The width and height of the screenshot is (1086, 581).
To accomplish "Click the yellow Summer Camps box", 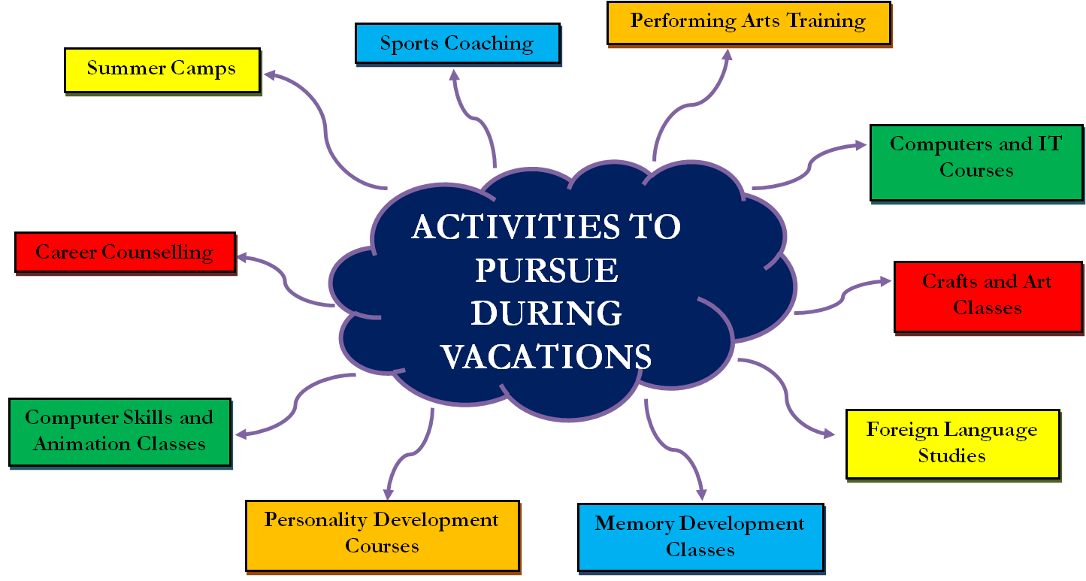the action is (x=162, y=71).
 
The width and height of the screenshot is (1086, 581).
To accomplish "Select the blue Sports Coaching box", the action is (x=458, y=44).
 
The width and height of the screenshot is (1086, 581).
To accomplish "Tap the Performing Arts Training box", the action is (x=749, y=23).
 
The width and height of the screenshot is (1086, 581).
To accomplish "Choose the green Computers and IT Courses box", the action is (x=976, y=163).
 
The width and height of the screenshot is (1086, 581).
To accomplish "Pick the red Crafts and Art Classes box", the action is (x=988, y=297).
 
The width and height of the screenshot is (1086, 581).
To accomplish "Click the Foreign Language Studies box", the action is (x=953, y=444).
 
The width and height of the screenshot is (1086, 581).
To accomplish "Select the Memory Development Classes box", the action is (x=700, y=537).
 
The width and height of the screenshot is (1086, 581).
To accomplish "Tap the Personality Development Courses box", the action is (x=383, y=536).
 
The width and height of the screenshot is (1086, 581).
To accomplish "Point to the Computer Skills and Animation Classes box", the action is (x=119, y=433).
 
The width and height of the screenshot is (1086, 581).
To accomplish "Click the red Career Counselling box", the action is (x=125, y=253).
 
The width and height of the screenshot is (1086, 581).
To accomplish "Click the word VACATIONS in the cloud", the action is (x=546, y=357).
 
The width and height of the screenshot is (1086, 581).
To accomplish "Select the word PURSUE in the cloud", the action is (x=546, y=270).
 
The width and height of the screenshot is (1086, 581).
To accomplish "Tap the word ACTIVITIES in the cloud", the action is (x=516, y=227).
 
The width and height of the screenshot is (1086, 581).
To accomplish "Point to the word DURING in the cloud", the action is (x=546, y=313).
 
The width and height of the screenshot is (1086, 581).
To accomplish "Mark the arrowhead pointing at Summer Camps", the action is (x=269, y=75).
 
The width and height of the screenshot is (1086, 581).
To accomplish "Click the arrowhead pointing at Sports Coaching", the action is (x=454, y=74).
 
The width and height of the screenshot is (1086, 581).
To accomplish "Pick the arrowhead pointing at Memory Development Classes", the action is (x=701, y=495).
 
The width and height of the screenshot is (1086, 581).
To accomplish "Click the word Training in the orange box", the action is (x=826, y=21).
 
